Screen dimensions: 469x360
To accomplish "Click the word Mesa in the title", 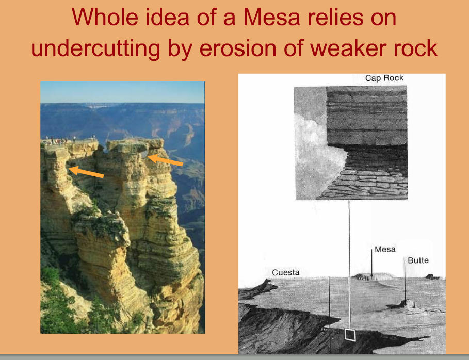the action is (x=271, y=18).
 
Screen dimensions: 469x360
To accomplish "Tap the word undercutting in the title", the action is (x=96, y=48).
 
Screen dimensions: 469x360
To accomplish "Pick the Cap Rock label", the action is (x=384, y=78).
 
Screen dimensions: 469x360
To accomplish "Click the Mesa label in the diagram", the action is (x=385, y=249).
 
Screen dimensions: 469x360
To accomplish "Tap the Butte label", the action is (x=418, y=260).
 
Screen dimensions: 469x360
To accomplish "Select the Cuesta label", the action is (x=286, y=272).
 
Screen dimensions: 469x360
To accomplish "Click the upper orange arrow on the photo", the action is (x=165, y=160).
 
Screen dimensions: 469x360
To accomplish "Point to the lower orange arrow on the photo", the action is (x=86, y=172).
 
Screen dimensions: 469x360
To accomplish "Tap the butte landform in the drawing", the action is (x=406, y=305).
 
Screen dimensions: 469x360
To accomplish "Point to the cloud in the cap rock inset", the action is (x=317, y=150).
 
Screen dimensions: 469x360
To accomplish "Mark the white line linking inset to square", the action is (x=349, y=264).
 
